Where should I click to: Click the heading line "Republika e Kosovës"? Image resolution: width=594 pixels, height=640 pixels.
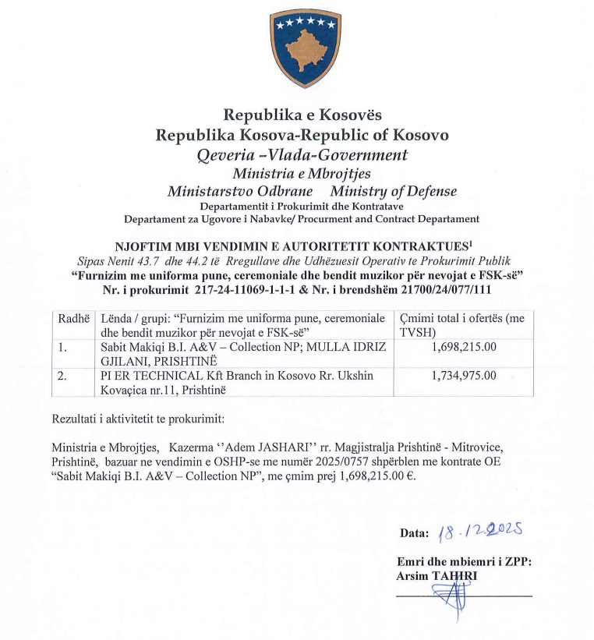click(x=302, y=116)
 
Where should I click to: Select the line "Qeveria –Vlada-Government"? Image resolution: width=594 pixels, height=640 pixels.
click(x=302, y=154)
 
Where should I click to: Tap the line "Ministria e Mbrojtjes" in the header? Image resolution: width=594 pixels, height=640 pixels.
click(x=302, y=173)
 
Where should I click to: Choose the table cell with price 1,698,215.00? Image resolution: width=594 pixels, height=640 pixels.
click(x=463, y=345)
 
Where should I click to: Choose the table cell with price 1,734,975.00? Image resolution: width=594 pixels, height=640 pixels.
click(x=463, y=376)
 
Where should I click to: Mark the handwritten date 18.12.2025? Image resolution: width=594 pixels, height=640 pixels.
click(x=480, y=533)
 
